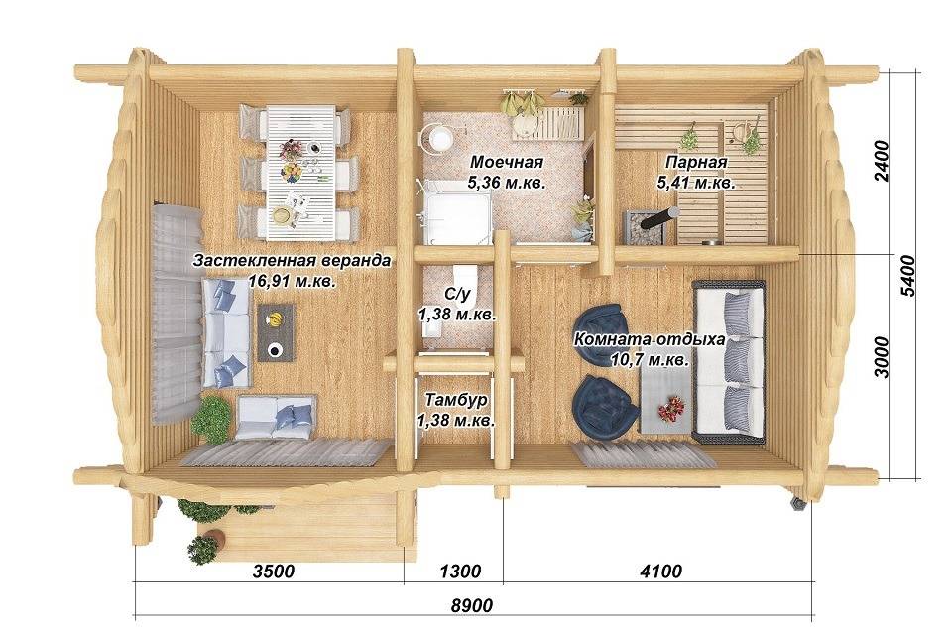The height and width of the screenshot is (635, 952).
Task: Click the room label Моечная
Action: [x=506, y=163]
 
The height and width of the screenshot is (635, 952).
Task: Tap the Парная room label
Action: [x=696, y=163]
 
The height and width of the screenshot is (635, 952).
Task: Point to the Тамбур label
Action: [x=456, y=401]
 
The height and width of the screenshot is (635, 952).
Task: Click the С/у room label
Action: [x=457, y=295]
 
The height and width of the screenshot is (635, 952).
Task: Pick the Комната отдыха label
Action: [x=650, y=339]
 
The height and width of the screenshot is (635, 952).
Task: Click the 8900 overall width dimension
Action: [x=472, y=605]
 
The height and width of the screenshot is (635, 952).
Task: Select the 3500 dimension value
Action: [x=274, y=571]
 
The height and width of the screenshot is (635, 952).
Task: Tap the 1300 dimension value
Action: [x=460, y=571]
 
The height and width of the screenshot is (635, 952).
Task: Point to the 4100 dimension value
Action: [x=661, y=571]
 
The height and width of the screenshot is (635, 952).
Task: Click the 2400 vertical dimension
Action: [x=881, y=161]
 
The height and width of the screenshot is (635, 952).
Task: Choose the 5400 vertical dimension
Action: [x=906, y=275]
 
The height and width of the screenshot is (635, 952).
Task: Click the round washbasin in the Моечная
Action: [x=436, y=137]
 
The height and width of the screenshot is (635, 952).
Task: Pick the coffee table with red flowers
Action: [x=666, y=401]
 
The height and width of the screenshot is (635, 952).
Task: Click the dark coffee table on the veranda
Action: [x=276, y=332]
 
